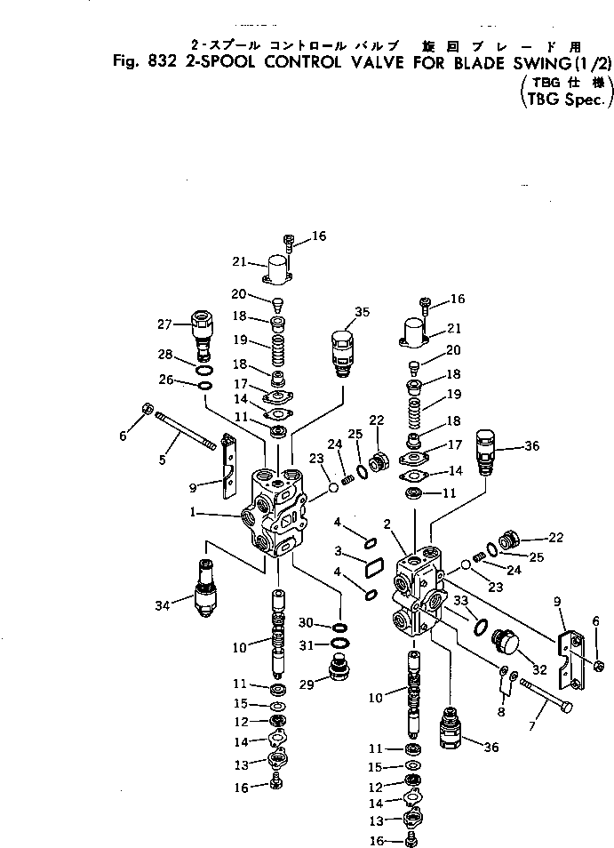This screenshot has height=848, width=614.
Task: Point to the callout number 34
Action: pyautogui.click(x=162, y=606)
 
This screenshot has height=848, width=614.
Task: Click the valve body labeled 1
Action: pyautogui.click(x=275, y=516)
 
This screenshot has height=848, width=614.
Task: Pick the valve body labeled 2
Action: pyautogui.click(x=419, y=596)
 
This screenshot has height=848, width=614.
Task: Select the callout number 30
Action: pyautogui.click(x=304, y=622)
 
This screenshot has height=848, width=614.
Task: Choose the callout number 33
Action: pyautogui.click(x=460, y=601)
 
